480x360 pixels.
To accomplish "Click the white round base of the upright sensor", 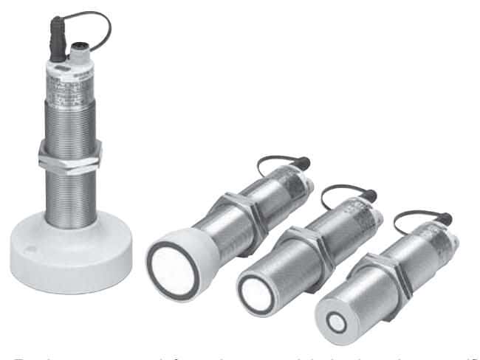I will coord(70,255).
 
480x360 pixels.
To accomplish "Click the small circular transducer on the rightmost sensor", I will coord(337,322).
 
